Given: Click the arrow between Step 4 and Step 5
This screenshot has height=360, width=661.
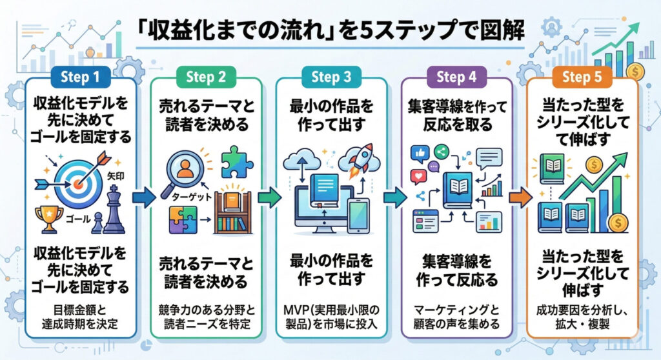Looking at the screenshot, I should pyautogui.click(x=520, y=197).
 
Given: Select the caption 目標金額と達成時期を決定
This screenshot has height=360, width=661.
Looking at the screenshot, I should pyautogui.click(x=81, y=314).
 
